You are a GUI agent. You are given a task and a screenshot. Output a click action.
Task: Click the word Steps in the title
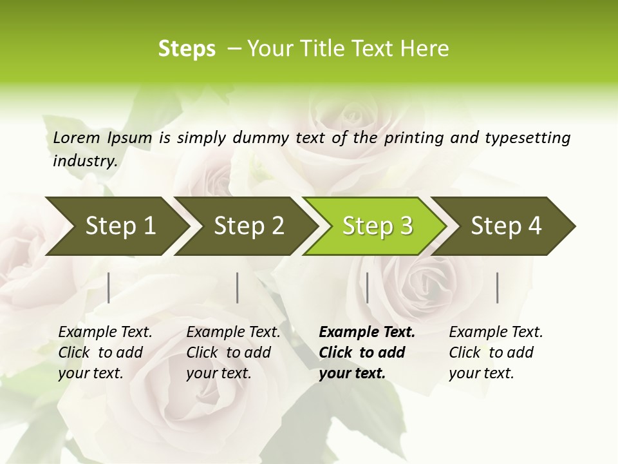click(187, 49)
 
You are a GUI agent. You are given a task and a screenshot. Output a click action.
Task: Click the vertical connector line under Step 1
click(109, 287)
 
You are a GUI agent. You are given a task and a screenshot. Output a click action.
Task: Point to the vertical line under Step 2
click(238, 287)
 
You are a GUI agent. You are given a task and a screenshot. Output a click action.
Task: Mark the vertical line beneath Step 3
click(367, 287)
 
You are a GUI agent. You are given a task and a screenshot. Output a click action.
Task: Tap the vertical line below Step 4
click(497, 287)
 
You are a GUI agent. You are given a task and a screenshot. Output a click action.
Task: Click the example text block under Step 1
click(105, 353)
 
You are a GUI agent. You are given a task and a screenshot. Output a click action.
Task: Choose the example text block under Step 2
click(233, 353)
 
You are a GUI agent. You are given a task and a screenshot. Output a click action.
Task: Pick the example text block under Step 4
click(496, 353)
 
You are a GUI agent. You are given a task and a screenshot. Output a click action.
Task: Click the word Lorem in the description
click(77, 137)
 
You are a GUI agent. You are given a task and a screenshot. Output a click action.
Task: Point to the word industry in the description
click(85, 161)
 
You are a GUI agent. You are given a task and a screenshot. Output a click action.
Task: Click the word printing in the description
click(412, 138)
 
